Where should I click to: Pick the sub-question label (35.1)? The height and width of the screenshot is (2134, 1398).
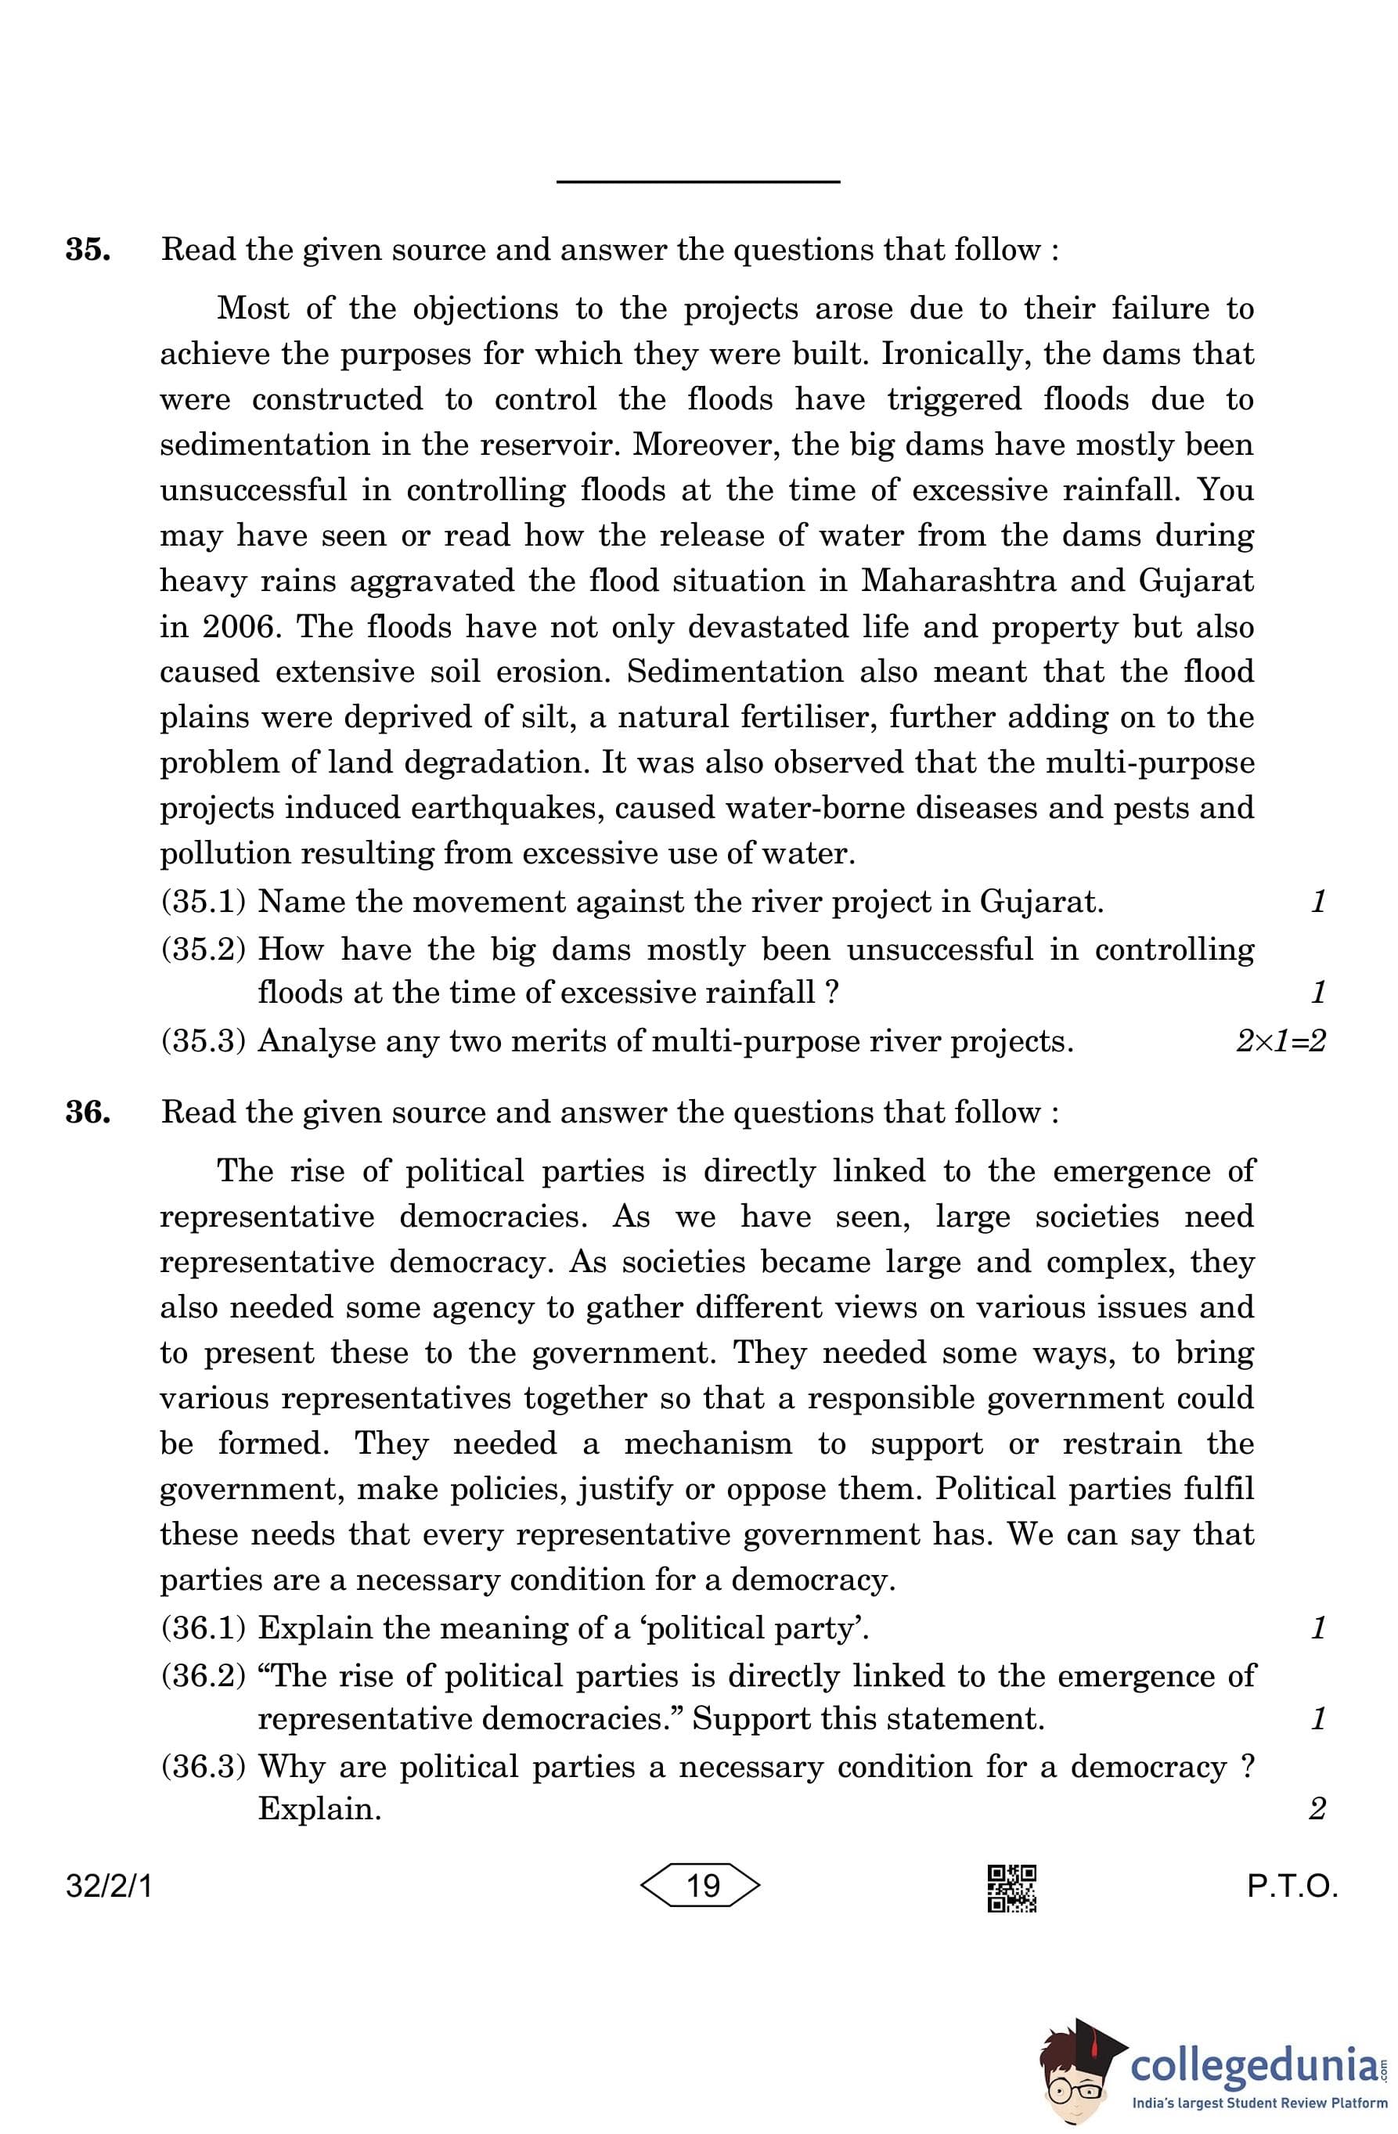pyautogui.click(x=204, y=901)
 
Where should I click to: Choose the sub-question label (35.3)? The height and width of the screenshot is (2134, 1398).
pyautogui.click(x=204, y=1041)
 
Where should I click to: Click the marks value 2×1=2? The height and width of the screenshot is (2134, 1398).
pyautogui.click(x=1280, y=1041)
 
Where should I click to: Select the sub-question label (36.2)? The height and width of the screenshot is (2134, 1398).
pyautogui.click(x=204, y=1676)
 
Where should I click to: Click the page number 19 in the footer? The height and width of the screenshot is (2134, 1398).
pyautogui.click(x=701, y=1886)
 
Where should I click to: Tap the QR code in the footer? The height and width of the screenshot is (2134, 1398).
pyautogui.click(x=1011, y=1887)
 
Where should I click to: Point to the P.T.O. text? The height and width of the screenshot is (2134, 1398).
pyautogui.click(x=1292, y=1887)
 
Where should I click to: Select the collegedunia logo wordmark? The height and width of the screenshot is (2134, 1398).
pyautogui.click(x=1254, y=2064)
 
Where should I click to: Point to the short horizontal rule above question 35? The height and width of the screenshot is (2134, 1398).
pyautogui.click(x=697, y=182)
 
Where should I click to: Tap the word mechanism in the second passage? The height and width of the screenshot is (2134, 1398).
pyautogui.click(x=708, y=1444)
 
